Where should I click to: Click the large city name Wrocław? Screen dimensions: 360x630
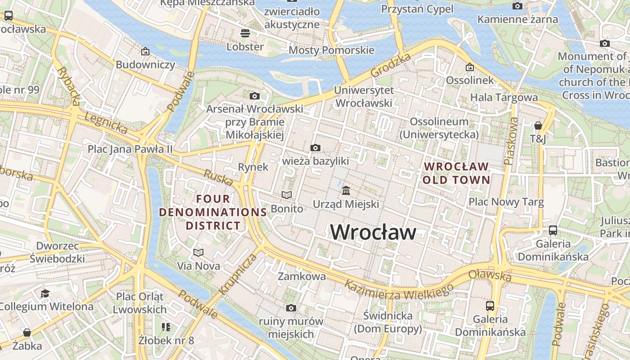click(x=373, y=232)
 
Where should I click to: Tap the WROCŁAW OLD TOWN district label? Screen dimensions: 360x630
click(x=456, y=173)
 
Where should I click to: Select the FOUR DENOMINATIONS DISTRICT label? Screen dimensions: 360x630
click(x=213, y=212)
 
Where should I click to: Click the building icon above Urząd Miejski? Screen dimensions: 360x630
click(x=346, y=191)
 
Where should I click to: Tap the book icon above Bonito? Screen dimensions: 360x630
click(x=287, y=195)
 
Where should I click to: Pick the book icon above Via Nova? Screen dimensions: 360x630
click(x=198, y=252)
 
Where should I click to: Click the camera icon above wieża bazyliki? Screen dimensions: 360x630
click(x=315, y=148)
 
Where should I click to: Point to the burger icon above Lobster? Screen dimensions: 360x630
click(x=245, y=33)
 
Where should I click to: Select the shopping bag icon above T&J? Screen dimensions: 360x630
click(x=538, y=125)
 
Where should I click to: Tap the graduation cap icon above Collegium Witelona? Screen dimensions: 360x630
click(x=45, y=293)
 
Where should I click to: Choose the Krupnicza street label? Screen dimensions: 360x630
click(x=238, y=274)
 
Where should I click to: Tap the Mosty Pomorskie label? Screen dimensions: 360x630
click(x=331, y=50)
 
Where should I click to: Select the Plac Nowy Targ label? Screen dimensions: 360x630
click(x=506, y=202)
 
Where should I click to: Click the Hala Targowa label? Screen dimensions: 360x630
click(x=504, y=97)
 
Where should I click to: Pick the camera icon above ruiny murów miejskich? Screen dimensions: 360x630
click(x=291, y=308)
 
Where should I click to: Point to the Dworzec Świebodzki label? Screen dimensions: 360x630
click(x=57, y=252)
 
